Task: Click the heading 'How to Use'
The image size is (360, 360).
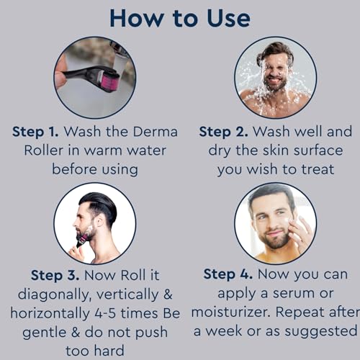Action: pos(180,19)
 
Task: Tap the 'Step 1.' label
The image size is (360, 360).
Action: pos(35,132)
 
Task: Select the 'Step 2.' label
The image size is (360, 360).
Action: pos(224,132)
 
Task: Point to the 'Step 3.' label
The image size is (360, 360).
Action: pos(55,275)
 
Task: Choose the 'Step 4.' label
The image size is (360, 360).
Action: pos(228,274)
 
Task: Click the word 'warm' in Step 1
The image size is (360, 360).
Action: pos(103,151)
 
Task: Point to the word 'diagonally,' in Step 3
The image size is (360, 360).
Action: pos(55,294)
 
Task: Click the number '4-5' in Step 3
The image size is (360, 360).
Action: pos(105,313)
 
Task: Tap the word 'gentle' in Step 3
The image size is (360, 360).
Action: pos(45,333)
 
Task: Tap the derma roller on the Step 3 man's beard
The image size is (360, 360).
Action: pos(81,240)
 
